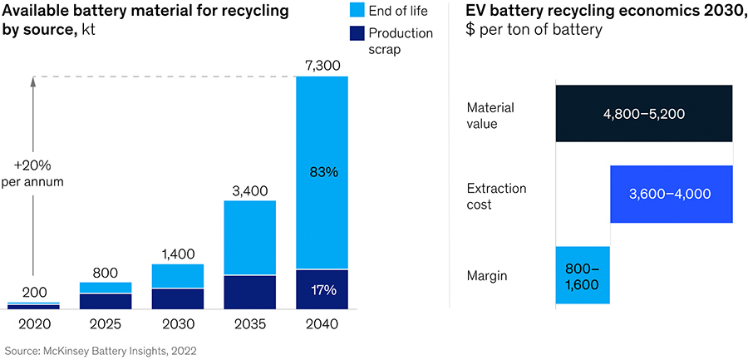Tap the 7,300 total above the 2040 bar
pos(322,63)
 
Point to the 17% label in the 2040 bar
pos(322,290)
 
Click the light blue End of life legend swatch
pos(357,11)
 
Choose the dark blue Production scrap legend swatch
pos(357,33)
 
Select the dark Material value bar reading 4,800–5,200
pos(644,113)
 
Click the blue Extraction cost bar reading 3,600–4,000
pos(672,194)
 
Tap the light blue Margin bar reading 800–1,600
pos(583,274)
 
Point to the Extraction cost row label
pos(496,196)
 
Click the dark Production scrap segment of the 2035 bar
pos(250,292)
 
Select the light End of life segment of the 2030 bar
pos(178,275)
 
